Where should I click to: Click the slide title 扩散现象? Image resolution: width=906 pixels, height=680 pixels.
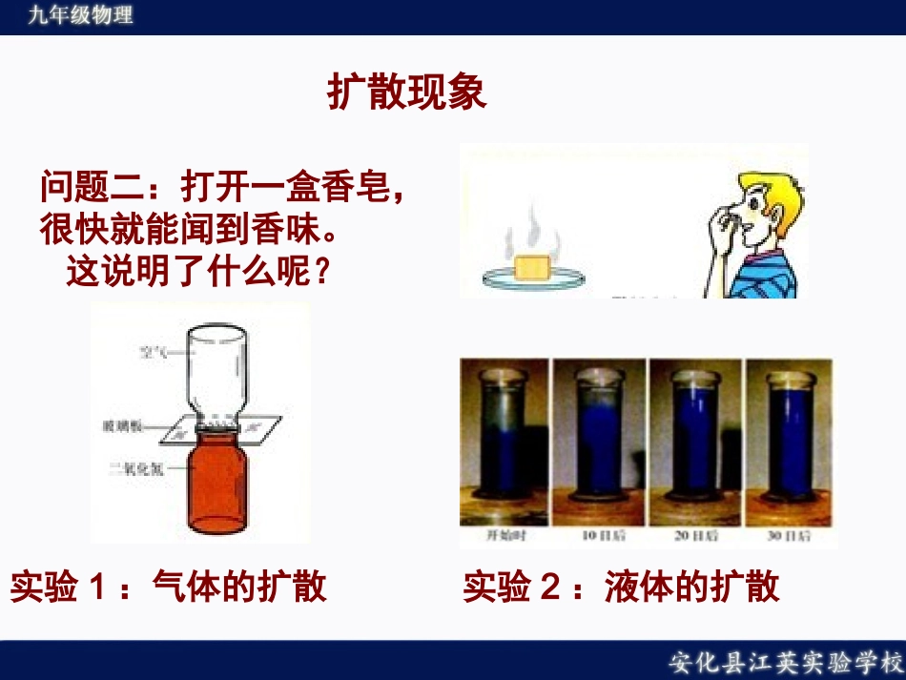click(x=407, y=93)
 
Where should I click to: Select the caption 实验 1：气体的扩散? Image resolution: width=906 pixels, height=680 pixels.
click(x=169, y=586)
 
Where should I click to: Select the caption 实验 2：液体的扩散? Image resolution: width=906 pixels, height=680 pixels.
click(x=622, y=586)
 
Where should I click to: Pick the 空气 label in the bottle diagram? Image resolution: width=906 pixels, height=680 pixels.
click(x=153, y=352)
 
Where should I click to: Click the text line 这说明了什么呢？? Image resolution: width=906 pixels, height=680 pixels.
click(x=198, y=274)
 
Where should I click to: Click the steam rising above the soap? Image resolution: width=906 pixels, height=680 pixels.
click(x=529, y=234)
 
